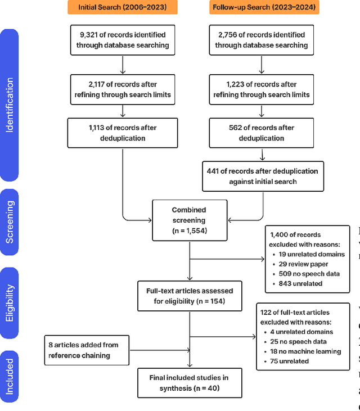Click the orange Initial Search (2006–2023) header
123,8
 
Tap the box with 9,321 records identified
122,39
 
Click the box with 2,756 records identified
262,39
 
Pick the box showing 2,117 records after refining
122,89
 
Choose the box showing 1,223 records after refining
262,89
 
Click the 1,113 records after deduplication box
122,133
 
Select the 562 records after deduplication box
262,133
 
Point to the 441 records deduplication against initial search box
262,176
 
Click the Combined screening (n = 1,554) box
190,220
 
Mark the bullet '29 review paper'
304,264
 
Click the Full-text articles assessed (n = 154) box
190,296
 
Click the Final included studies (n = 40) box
190,382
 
